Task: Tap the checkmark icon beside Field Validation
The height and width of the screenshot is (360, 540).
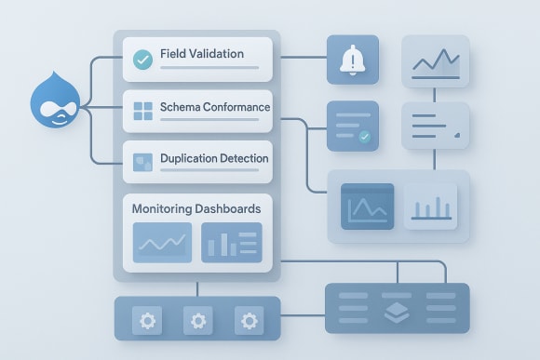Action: (142, 60)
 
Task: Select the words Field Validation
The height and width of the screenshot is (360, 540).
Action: (201, 54)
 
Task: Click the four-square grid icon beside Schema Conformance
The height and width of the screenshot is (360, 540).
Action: (142, 113)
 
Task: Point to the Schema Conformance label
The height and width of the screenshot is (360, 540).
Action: (214, 107)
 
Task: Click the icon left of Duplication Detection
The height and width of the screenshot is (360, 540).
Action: (142, 162)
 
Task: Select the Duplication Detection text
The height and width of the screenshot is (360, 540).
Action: (214, 158)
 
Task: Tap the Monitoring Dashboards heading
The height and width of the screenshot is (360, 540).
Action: (196, 208)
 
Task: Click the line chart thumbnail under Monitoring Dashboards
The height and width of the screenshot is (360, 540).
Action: (162, 243)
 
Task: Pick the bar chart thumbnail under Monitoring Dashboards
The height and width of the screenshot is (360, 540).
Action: (232, 243)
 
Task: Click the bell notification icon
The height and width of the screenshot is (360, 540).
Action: (353, 60)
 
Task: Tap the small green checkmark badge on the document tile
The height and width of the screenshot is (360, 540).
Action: (364, 137)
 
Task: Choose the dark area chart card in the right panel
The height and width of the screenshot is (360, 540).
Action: (368, 207)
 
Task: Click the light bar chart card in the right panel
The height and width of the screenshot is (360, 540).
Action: (429, 207)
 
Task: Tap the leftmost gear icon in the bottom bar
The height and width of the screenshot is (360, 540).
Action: (148, 321)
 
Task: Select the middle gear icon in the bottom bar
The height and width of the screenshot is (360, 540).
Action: (197, 321)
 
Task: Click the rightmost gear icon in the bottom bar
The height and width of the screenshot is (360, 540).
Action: (248, 321)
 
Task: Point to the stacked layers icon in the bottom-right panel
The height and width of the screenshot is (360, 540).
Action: (397, 311)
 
